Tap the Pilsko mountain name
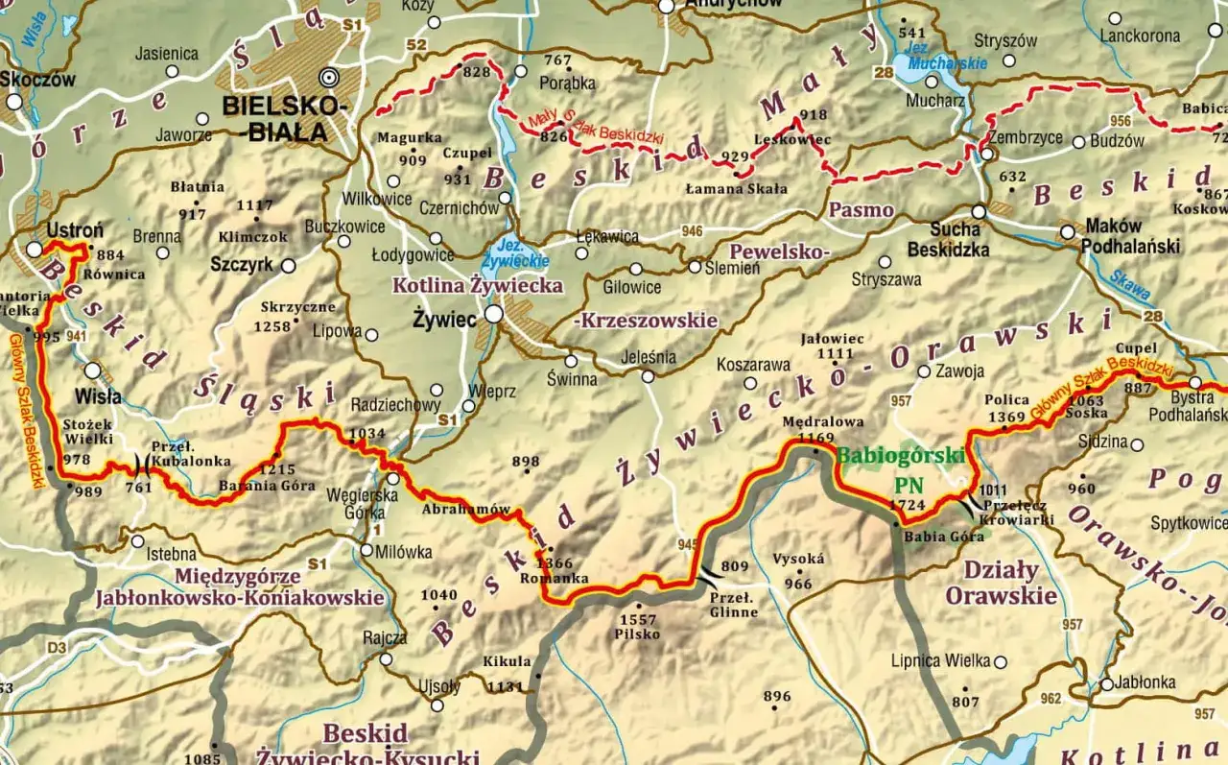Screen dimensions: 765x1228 point(639,634)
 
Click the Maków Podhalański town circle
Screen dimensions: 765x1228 point(1067,231)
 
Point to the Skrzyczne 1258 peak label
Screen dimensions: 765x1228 point(297,316)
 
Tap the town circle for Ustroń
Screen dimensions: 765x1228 point(35,249)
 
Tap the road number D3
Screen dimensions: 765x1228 point(58,648)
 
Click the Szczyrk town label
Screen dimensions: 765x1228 point(241,265)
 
